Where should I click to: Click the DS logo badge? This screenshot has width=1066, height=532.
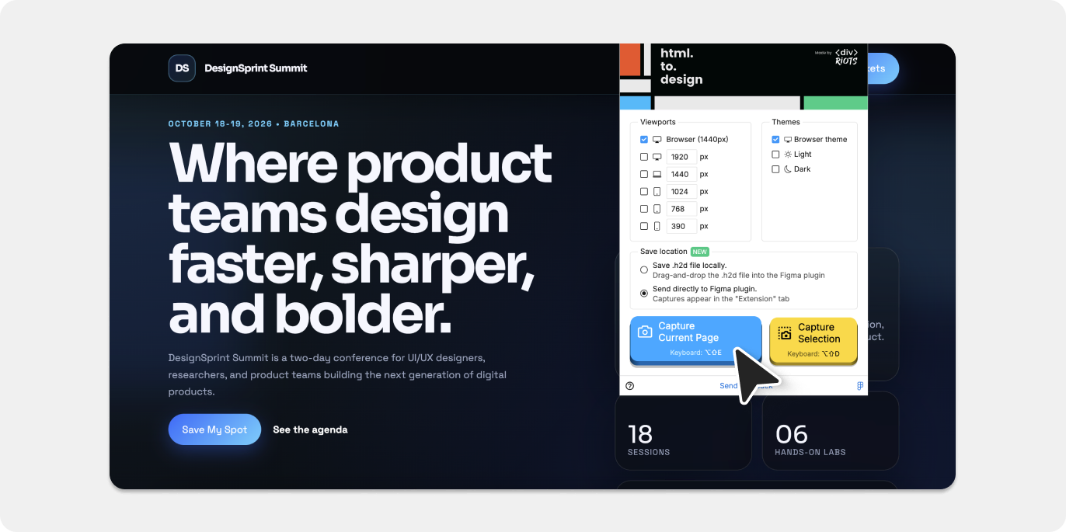coord(182,68)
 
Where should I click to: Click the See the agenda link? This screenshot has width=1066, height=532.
coord(310,429)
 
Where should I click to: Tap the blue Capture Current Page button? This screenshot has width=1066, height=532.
coord(695,339)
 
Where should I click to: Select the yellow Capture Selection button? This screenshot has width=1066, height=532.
coord(813,339)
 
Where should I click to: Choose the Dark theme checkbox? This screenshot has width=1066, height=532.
coord(775,169)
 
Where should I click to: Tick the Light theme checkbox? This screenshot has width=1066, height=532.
coord(775,155)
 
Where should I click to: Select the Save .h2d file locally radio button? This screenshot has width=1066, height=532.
coord(643,270)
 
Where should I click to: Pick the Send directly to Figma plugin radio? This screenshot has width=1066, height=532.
coord(643,294)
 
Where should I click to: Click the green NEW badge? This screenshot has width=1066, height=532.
coord(700,252)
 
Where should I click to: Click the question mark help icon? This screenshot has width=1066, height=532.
coord(630,386)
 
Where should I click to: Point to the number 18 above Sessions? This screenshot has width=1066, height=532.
coord(640,433)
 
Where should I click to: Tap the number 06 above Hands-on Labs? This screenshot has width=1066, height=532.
coord(791,433)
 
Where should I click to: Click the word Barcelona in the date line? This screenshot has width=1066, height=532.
coord(312,124)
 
